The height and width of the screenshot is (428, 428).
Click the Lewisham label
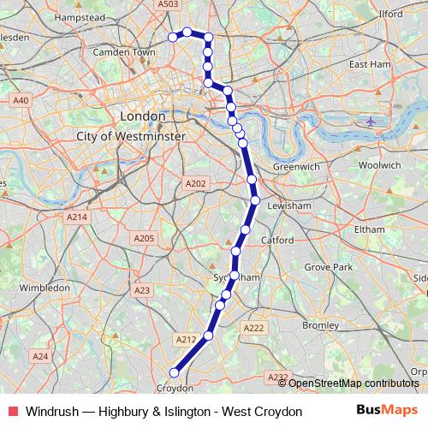pyautogui.click(x=287, y=207)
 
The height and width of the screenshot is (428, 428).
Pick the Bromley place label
pyautogui.click(x=321, y=325)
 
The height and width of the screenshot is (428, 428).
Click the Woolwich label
pyautogui.click(x=380, y=165)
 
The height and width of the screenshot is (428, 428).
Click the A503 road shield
pyautogui.click(x=169, y=5)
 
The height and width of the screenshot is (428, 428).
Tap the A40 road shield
pyautogui.click(x=21, y=101)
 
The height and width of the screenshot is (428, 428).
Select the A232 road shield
pyautogui.click(x=276, y=377)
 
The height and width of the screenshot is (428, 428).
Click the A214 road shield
pyautogui.click(x=76, y=218)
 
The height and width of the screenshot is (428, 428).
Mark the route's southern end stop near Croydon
pyautogui.click(x=174, y=372)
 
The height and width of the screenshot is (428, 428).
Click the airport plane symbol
pyautogui.click(x=370, y=121)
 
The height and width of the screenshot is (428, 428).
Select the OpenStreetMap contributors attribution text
pyautogui.click(x=353, y=383)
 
